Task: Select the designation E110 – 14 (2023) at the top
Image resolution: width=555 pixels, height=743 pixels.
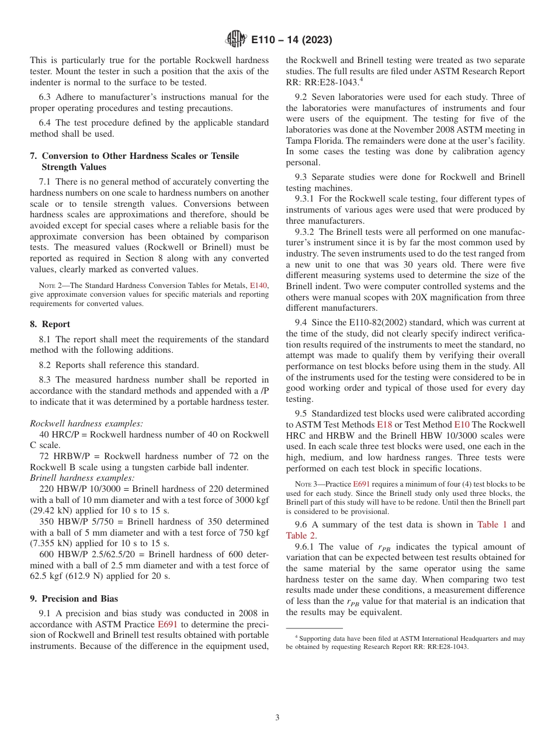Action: (x=291, y=40)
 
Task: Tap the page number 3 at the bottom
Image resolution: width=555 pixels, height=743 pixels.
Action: (x=277, y=717)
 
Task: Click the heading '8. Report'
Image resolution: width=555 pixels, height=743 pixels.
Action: (x=50, y=324)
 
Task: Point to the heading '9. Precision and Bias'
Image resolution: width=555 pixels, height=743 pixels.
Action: (x=74, y=598)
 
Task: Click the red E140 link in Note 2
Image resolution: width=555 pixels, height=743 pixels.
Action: (x=258, y=286)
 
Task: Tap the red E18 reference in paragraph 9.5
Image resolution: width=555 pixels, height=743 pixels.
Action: (x=384, y=425)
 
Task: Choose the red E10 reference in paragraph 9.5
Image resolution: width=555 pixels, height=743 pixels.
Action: (x=462, y=425)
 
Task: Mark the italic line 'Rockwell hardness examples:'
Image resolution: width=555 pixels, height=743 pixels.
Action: (x=86, y=423)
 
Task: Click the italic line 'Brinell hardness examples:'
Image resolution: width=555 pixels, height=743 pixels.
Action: (x=82, y=478)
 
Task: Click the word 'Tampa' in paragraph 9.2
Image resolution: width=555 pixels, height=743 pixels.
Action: (x=299, y=141)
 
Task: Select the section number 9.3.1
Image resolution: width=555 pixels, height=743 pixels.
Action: (x=306, y=199)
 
